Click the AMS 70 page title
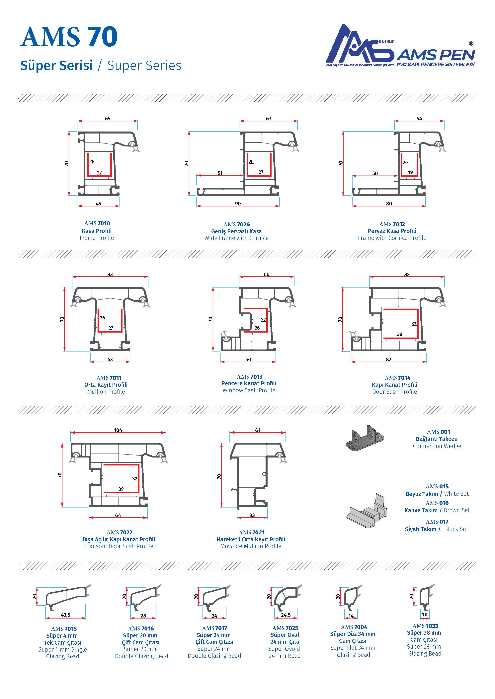tap(69, 37)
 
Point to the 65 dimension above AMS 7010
tap(108, 118)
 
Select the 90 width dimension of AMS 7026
tap(238, 204)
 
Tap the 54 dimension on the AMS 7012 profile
tap(419, 118)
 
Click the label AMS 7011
tap(109, 378)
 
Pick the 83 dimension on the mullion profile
tap(110, 274)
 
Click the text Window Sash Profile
tap(249, 390)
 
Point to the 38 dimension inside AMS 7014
tap(400, 334)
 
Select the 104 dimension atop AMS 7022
tap(118, 430)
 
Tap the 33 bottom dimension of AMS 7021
tap(252, 515)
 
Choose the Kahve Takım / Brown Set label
tap(437, 510)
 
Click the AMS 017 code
tap(437, 522)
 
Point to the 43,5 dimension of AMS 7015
tap(65, 615)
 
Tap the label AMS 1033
tap(425, 626)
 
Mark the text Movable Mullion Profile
tap(251, 546)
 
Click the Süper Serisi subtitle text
tap(56, 65)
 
